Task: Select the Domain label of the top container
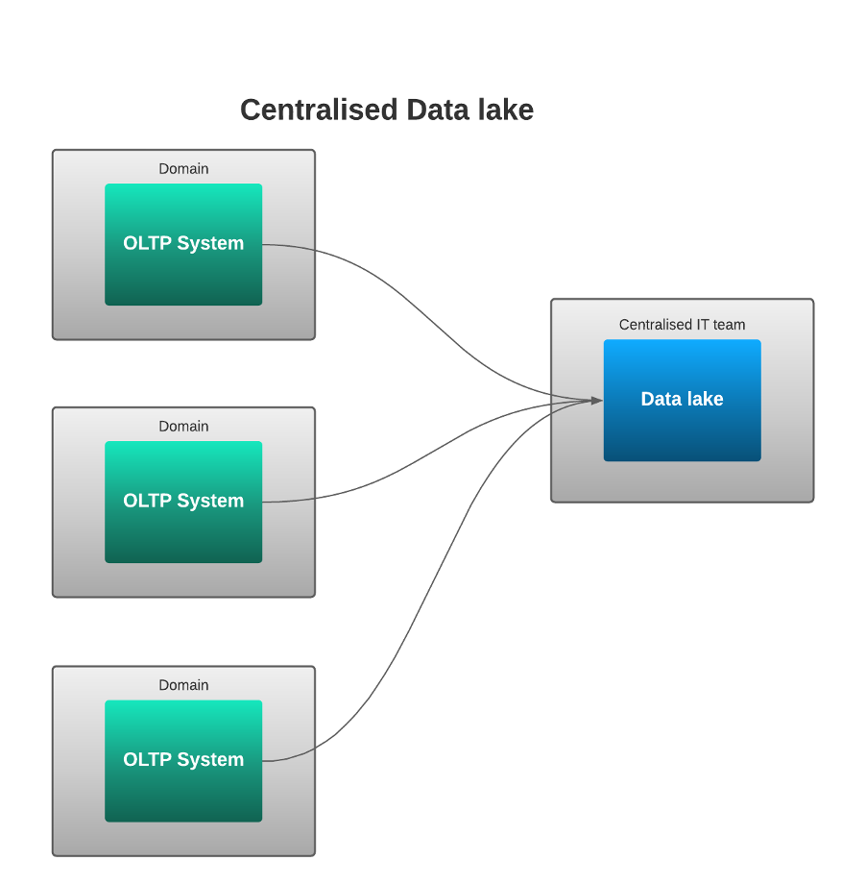(x=183, y=169)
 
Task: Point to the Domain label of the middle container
(x=183, y=427)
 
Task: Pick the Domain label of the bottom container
(x=183, y=685)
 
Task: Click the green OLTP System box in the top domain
(x=183, y=274)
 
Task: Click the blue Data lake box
(x=682, y=428)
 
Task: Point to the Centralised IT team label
(x=682, y=325)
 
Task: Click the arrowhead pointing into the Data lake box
(x=596, y=400)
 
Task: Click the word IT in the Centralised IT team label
(x=704, y=325)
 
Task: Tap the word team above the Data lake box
(x=730, y=325)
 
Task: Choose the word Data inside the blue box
(x=660, y=399)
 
